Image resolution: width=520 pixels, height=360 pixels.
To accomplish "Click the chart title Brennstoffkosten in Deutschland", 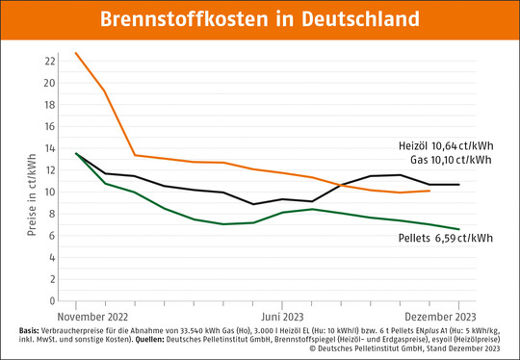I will (260, 18).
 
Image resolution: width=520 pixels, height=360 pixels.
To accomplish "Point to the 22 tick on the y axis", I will (51, 61).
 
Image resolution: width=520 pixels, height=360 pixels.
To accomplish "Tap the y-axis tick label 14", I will (51, 147).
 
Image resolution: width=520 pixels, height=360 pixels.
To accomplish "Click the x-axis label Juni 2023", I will (284, 316).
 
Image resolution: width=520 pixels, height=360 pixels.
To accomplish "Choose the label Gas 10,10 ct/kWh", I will (451, 160).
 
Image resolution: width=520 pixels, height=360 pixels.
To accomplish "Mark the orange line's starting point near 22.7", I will (76, 53).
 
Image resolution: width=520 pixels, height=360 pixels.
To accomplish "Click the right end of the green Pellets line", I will (459, 229).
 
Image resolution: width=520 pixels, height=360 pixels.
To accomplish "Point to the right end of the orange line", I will (429, 191).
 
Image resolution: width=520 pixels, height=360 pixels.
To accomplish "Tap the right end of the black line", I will (459, 184).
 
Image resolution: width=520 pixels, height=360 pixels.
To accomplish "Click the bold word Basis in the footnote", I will (30, 330).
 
